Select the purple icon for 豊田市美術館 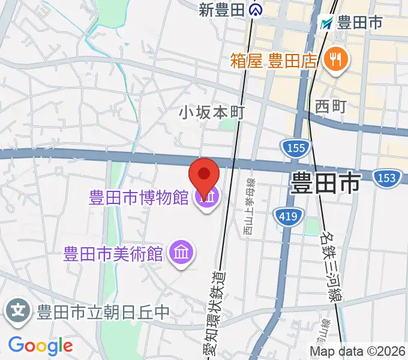pos(181,253)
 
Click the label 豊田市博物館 pos(139,198)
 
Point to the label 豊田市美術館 pos(113,253)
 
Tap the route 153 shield pos(386,178)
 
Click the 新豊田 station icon pos(256,10)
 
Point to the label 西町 pos(331,106)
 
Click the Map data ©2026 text pos(358,350)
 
